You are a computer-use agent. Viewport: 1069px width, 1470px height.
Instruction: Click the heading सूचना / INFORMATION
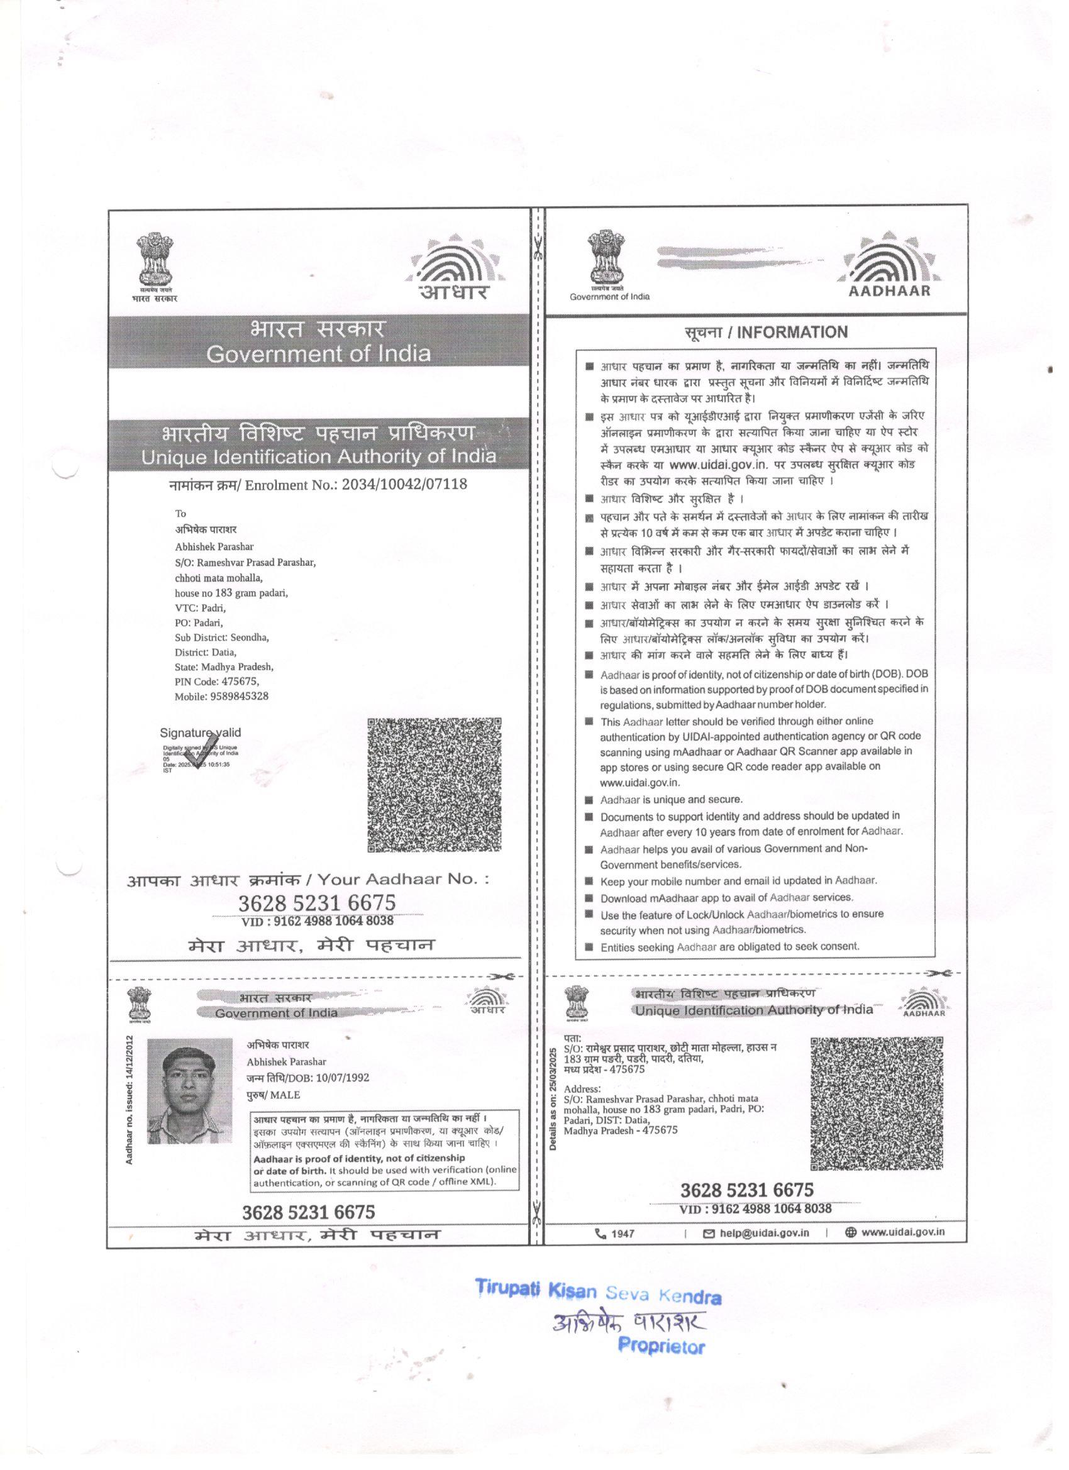766,333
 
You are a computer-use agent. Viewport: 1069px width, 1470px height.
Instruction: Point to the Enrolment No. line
317,484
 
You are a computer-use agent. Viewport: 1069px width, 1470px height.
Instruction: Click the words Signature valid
201,733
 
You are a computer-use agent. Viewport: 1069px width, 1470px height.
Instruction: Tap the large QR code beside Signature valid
435,785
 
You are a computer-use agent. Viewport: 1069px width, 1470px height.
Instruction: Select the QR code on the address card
877,1103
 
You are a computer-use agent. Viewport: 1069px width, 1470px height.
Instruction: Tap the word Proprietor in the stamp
662,1346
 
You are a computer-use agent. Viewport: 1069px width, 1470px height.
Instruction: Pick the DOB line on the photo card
307,1078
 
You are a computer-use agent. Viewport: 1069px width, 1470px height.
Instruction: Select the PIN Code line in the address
216,681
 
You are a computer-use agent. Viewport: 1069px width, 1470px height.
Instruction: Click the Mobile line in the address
221,696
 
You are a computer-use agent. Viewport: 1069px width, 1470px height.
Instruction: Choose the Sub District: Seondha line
222,637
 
